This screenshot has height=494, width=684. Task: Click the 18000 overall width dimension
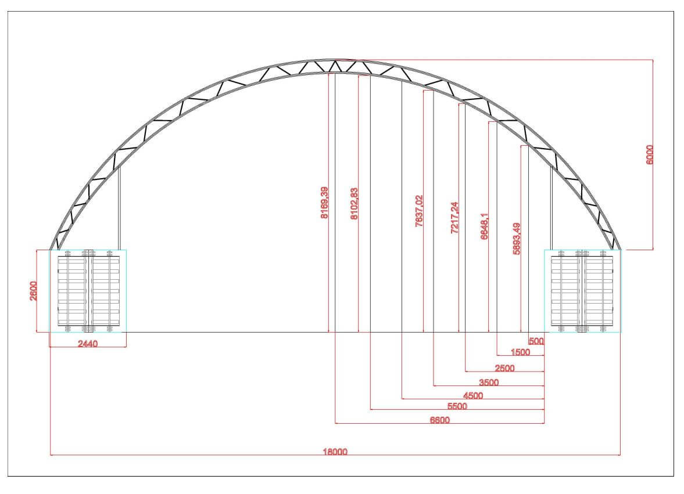pos(335,452)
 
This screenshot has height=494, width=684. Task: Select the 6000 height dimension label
pos(650,154)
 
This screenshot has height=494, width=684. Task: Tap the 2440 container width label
pos(88,344)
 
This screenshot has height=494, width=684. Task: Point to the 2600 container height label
pos(34,291)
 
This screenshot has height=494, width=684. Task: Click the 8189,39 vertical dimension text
pos(324,203)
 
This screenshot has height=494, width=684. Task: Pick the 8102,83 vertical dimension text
pos(354,203)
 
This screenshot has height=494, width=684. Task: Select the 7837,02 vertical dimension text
pos(419,211)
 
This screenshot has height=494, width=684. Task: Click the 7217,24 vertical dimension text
pos(454,218)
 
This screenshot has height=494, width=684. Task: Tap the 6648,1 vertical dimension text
pos(485,226)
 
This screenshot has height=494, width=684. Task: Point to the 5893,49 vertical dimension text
pos(517,239)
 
